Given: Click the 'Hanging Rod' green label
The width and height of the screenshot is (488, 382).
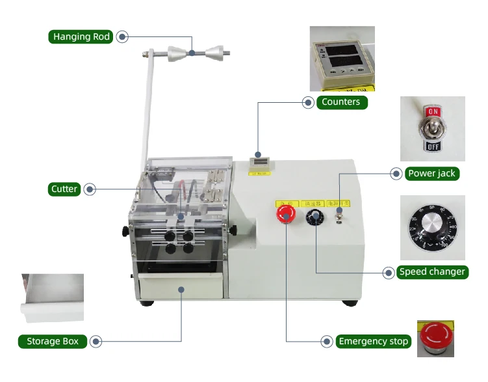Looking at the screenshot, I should coord(81,36).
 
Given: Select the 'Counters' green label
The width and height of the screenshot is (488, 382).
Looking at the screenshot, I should coord(340,102).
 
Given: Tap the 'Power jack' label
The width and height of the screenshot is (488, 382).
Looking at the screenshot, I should coord(432,174).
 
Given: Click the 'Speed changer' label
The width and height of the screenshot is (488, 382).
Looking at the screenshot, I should coord(432,271).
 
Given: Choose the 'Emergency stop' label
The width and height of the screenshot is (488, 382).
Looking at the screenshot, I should coord(374,341).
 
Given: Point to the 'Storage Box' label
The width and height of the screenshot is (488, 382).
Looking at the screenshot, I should coord(52,341).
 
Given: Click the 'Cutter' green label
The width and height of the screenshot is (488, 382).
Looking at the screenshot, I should coord(64,189).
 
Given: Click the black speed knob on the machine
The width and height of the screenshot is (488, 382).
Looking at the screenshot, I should coord(316,217).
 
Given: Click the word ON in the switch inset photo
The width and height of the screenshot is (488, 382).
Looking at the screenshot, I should coord(433,113).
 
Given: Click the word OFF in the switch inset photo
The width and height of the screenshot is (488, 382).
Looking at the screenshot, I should coord(433,146).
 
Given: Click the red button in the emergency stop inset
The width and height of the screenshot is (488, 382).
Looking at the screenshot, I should coord(433,336).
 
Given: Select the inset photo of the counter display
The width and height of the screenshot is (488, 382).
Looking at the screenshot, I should coord(342,58).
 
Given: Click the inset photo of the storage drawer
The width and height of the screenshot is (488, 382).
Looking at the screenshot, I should coord(53,299).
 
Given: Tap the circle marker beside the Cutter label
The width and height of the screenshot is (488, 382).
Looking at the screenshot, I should coord(90,189).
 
